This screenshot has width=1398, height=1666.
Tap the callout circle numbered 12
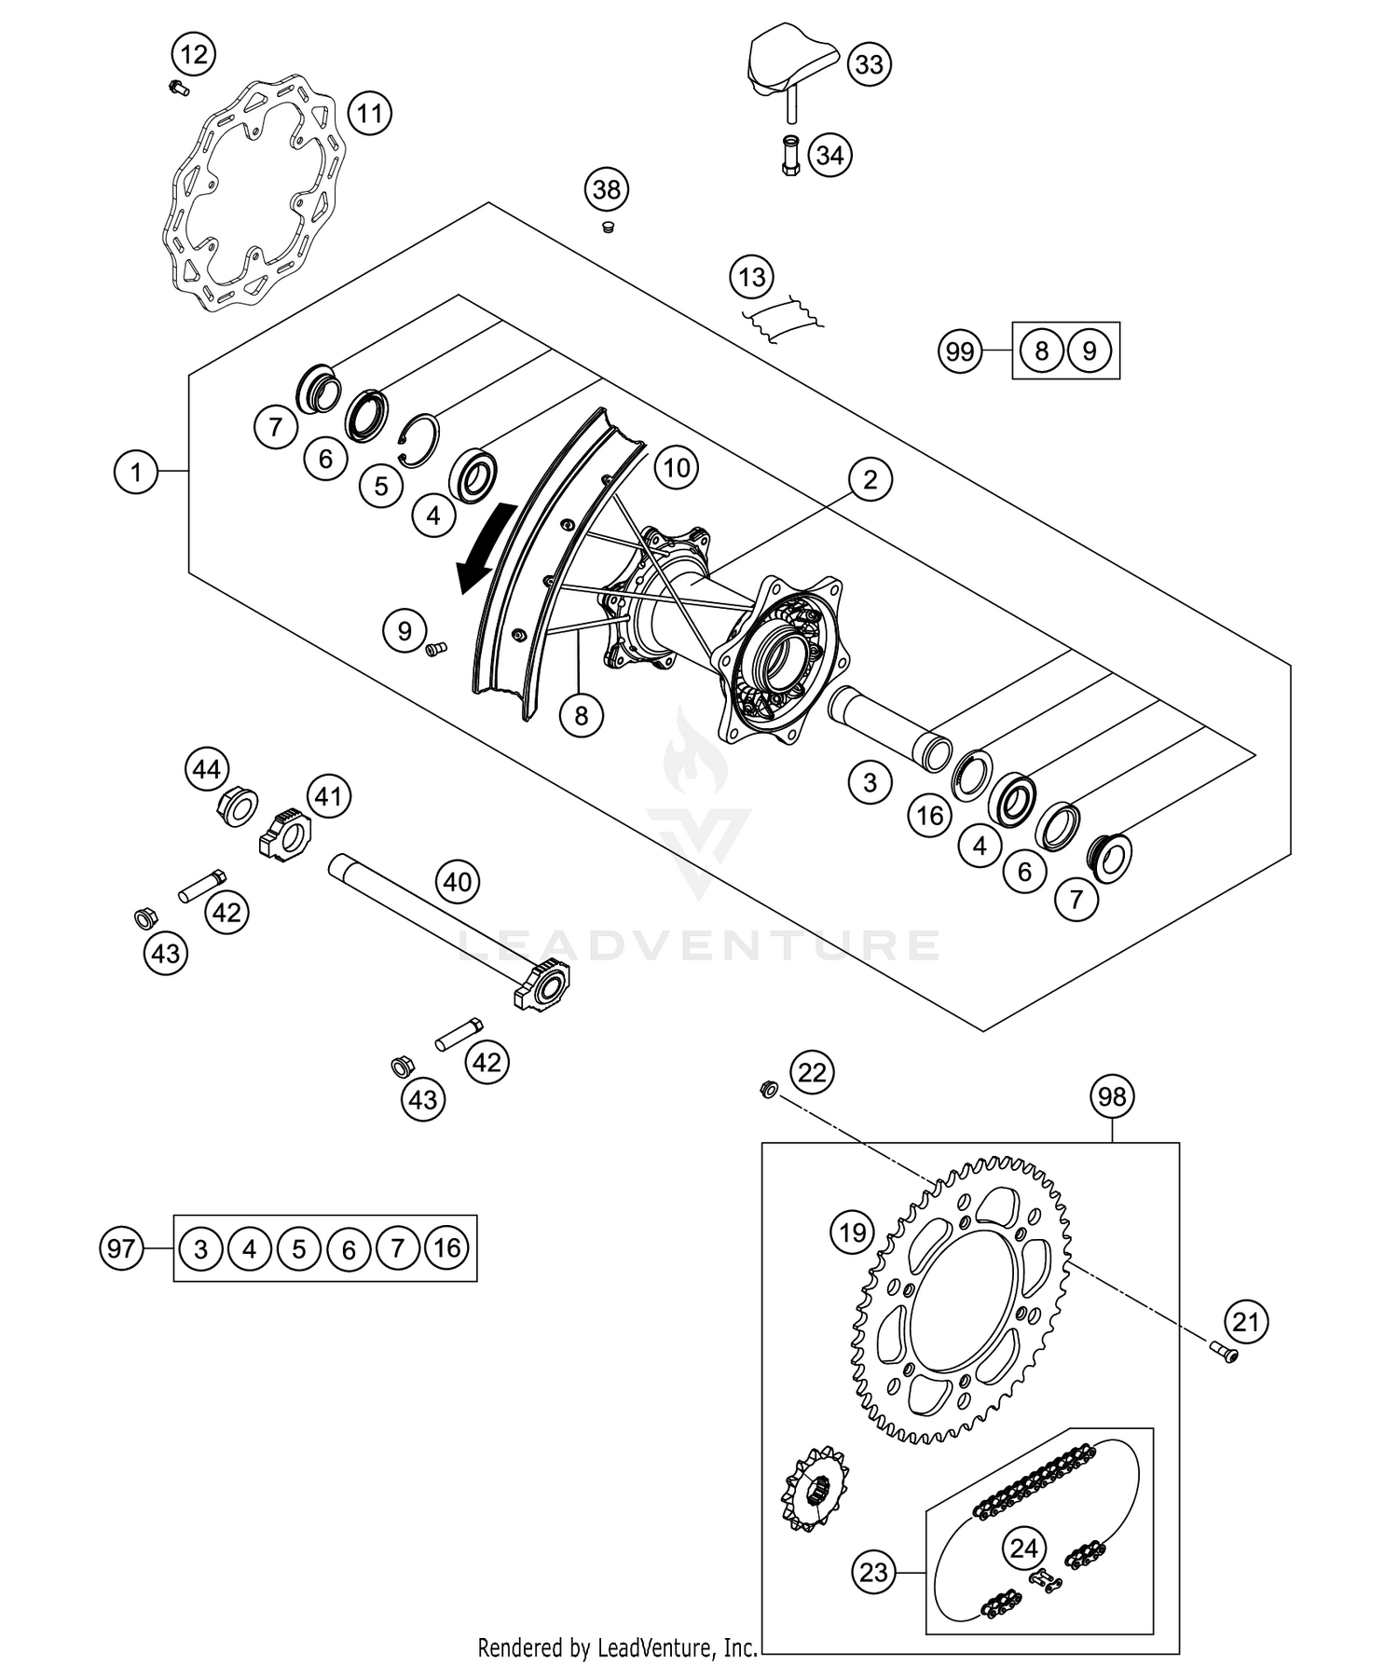point(194,54)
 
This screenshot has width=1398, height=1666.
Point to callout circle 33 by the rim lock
point(869,64)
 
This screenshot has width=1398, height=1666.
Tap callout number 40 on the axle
point(457,881)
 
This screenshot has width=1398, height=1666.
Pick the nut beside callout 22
point(769,1088)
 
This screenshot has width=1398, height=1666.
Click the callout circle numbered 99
point(960,351)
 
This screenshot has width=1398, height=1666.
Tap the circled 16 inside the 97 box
point(447,1247)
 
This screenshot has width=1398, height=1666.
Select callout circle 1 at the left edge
point(136,473)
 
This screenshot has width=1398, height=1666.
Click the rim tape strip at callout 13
point(781,317)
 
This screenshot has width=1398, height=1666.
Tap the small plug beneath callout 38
point(608,228)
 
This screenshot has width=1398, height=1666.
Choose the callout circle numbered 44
point(206,769)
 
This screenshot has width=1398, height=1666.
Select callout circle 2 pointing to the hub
point(870,480)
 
